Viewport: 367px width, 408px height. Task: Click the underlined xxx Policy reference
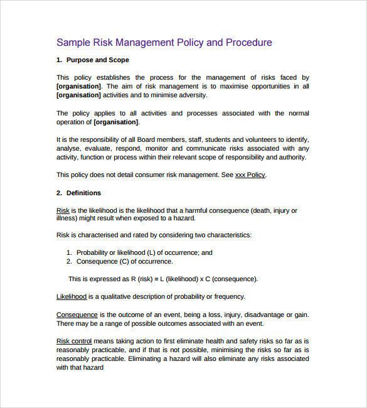pyautogui.click(x=250, y=175)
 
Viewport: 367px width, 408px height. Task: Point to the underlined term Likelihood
pyautogui.click(x=72, y=296)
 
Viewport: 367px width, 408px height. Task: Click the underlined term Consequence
pyautogui.click(x=77, y=314)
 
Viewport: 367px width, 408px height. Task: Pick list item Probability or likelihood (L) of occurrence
pyautogui.click(x=144, y=252)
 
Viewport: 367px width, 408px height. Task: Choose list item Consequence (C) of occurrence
pyautogui.click(x=125, y=261)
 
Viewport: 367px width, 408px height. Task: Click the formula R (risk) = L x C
pyautogui.click(x=163, y=279)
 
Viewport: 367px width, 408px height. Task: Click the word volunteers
pyautogui.click(x=260, y=139)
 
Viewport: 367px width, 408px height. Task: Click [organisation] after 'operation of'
pyautogui.click(x=116, y=122)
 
